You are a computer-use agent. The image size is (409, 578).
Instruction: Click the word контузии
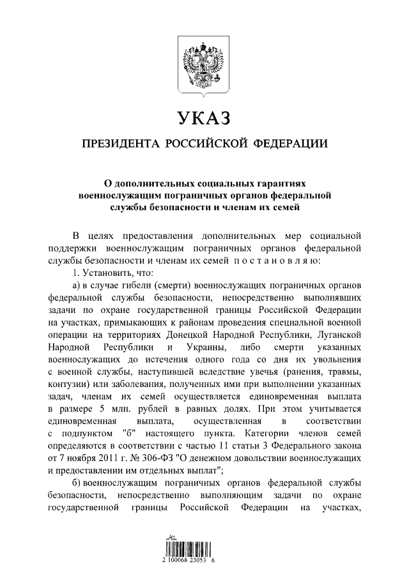(x=68, y=384)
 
